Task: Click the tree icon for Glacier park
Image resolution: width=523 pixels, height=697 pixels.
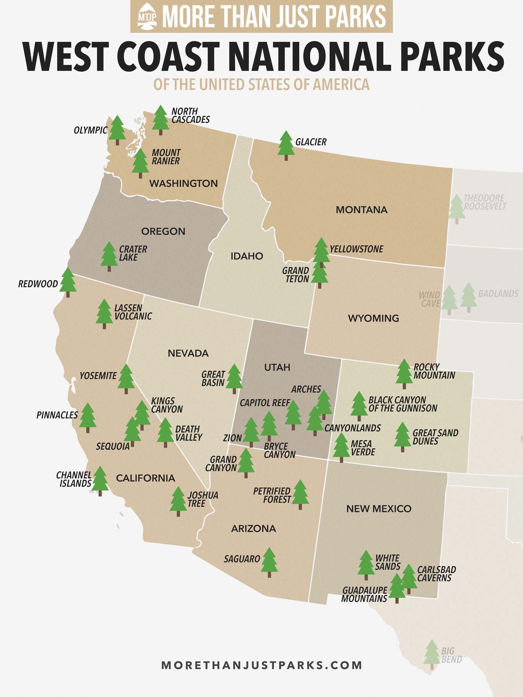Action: click(x=286, y=145)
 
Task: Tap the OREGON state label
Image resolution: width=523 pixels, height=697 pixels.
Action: click(x=163, y=232)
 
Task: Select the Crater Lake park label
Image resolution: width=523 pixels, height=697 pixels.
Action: click(x=133, y=253)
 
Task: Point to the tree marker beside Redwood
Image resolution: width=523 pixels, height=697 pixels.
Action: click(x=68, y=282)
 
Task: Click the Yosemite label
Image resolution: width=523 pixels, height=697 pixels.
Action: click(x=98, y=376)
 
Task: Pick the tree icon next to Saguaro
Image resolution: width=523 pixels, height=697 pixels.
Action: click(x=270, y=561)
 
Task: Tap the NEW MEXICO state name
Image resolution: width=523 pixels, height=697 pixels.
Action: click(x=378, y=509)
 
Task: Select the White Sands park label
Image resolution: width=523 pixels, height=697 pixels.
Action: click(x=387, y=562)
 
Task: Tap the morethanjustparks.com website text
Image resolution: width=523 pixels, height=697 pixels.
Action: click(x=261, y=665)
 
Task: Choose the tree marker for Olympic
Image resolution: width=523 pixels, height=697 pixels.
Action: click(x=117, y=129)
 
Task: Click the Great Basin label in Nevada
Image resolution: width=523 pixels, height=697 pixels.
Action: click(x=213, y=379)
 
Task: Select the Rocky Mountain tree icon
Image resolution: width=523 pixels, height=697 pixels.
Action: click(x=404, y=373)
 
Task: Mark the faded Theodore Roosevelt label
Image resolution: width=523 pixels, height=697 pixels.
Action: click(x=485, y=202)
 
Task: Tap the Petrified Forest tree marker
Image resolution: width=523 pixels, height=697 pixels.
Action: click(x=300, y=494)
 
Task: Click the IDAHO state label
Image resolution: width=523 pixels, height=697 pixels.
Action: click(x=247, y=256)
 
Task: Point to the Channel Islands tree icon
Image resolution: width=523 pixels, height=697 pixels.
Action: click(x=100, y=480)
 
